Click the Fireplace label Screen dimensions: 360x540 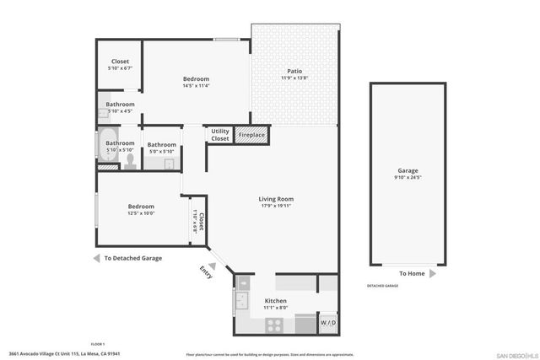pyautogui.click(x=251, y=135)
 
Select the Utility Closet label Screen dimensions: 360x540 pyautogui.click(x=220, y=135)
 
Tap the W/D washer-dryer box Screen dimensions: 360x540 pyautogui.click(x=327, y=323)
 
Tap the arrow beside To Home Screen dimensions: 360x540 pyautogui.click(x=432, y=273)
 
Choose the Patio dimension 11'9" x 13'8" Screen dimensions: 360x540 pyautogui.click(x=294, y=78)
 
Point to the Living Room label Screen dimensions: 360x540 pyautogui.click(x=276, y=199)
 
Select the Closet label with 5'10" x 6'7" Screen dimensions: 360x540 pyautogui.click(x=120, y=68)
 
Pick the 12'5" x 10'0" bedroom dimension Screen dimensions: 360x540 pyautogui.click(x=141, y=214)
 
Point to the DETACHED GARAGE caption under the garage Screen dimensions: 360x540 pyautogui.click(x=382, y=286)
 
